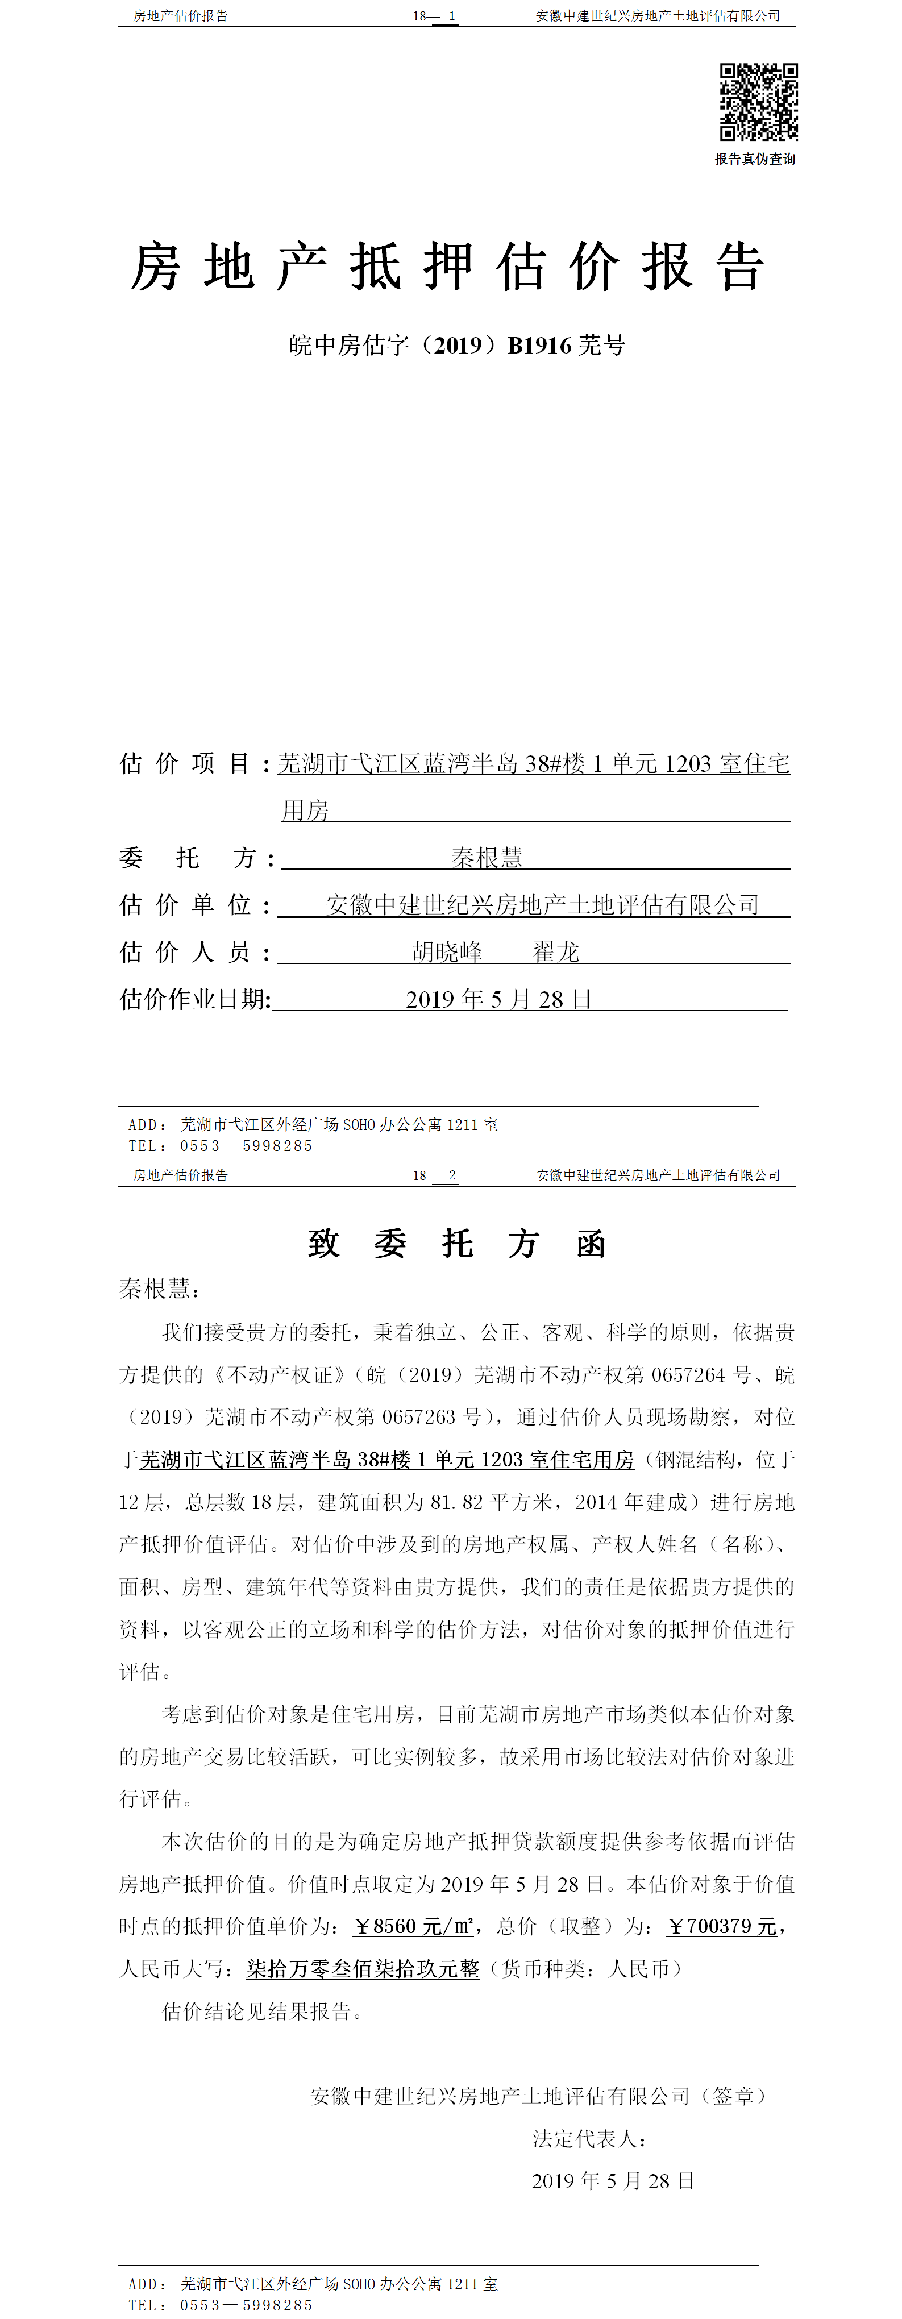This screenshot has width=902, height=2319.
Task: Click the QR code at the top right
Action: (x=758, y=102)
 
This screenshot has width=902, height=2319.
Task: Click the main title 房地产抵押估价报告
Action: (x=447, y=267)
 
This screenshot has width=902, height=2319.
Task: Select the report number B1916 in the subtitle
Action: (x=539, y=346)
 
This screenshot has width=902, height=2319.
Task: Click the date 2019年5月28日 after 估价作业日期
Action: (x=498, y=999)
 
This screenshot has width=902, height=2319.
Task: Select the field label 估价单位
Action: (x=185, y=905)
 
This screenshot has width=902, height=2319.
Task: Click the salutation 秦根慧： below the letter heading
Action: (x=159, y=1289)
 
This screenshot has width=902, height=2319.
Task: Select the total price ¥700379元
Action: (x=721, y=1926)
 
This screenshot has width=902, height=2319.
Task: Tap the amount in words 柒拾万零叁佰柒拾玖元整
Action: (x=363, y=1969)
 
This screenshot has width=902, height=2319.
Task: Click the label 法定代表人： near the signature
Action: (x=589, y=2139)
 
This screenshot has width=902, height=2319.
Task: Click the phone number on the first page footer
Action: (x=246, y=1146)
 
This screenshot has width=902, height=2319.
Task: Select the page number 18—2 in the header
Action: (x=435, y=1175)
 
